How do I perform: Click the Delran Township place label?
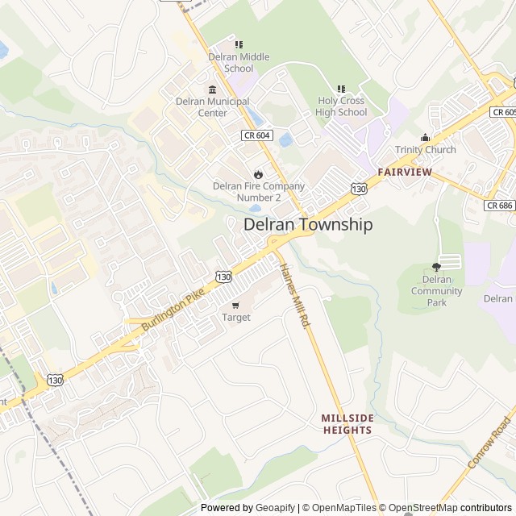coord(308,225)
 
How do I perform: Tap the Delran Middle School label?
coord(239,62)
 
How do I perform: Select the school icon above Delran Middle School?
coord(239,44)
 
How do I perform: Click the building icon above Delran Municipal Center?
coord(213,89)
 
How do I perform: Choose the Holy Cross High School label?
coord(341,106)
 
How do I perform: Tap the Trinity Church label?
coord(425,150)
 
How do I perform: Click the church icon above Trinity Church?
coord(425,137)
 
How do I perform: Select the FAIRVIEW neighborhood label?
coord(404,173)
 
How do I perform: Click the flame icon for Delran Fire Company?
coord(258,173)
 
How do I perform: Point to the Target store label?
coord(236,318)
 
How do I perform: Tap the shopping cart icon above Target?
coord(235,305)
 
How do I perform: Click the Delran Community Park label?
coord(436,291)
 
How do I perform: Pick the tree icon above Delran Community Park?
coord(437,267)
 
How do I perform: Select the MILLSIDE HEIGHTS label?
coord(347,424)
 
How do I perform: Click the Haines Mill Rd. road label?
coord(293,295)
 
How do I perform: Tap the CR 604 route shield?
coord(256,136)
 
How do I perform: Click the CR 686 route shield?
coord(500,206)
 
